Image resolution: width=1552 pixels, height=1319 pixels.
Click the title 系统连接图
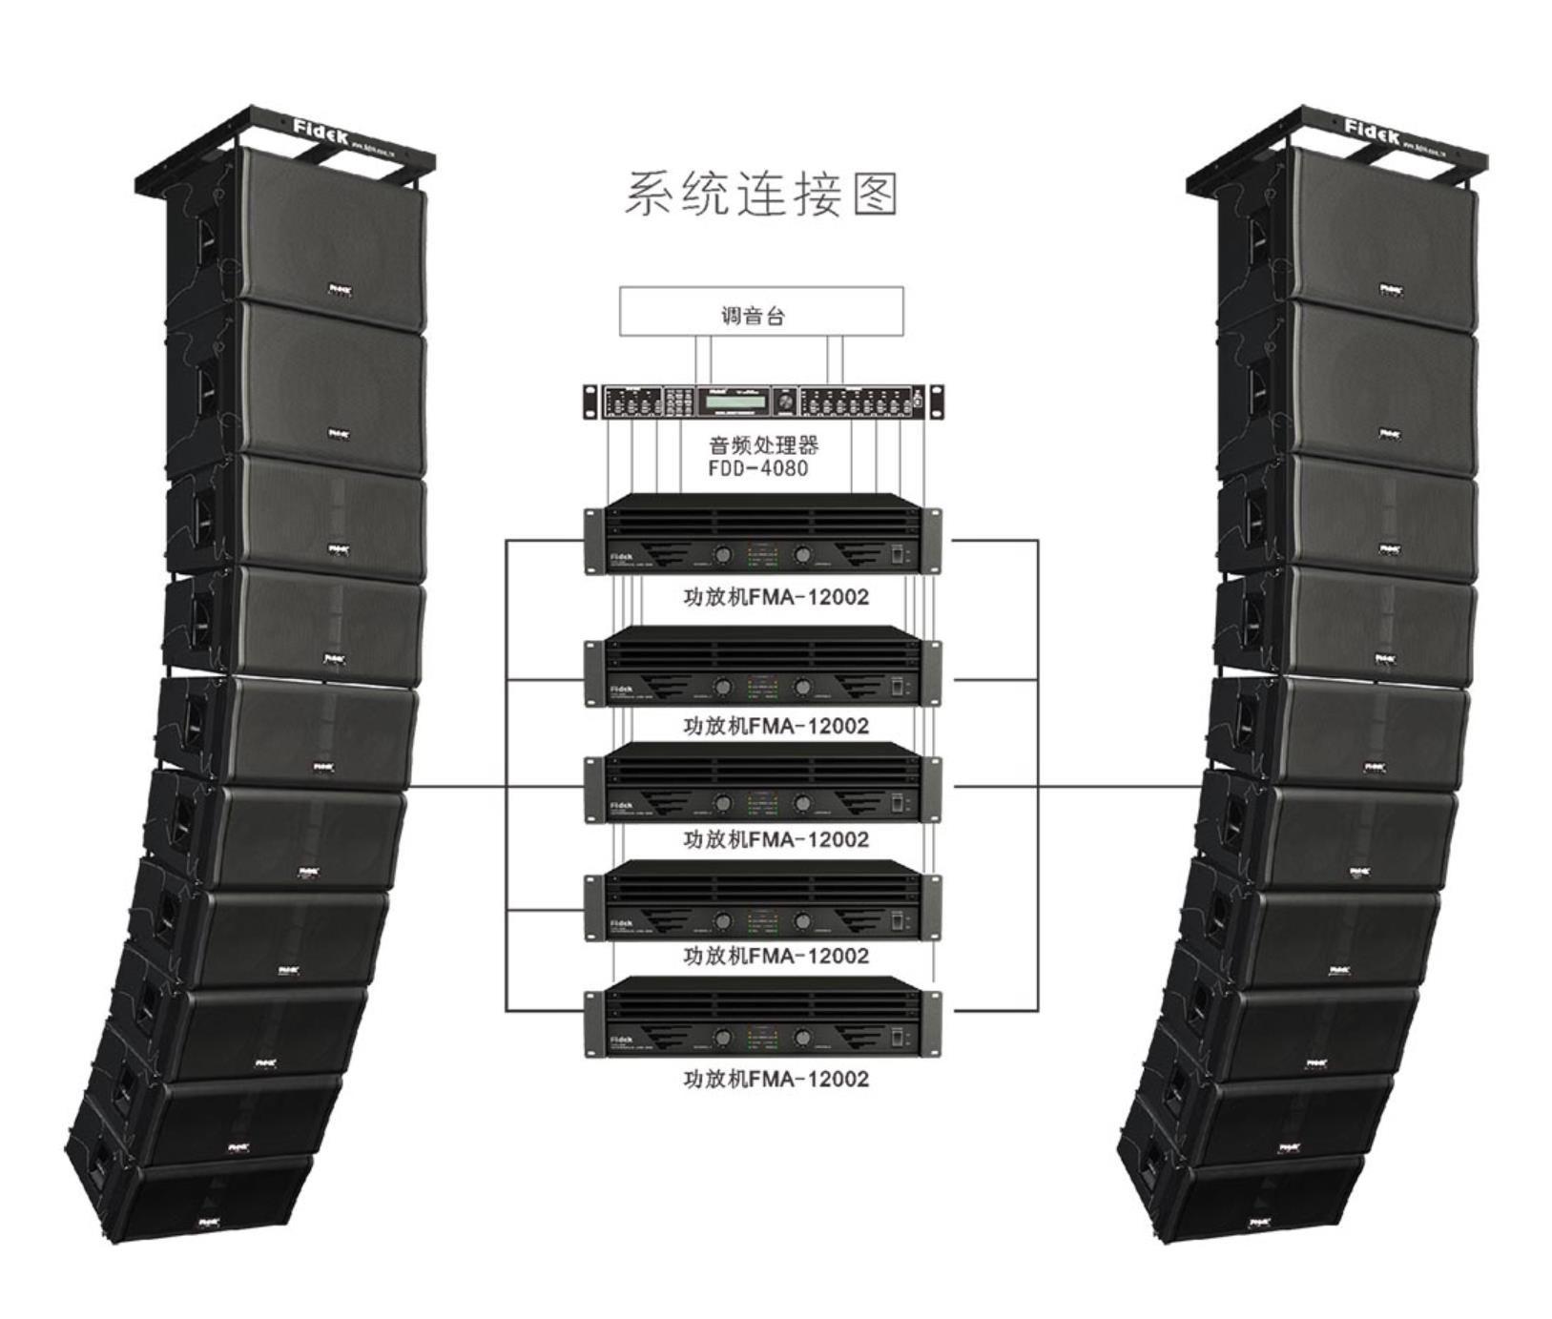761,194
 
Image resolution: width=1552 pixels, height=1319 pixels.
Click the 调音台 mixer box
761,311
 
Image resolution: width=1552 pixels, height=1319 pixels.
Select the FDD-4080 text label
757,468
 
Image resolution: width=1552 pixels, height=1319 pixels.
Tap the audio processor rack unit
761,402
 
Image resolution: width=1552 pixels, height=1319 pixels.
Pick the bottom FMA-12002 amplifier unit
761,1018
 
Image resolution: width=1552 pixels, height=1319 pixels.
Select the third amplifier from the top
761,784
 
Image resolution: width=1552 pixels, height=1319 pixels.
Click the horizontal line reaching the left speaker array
458,788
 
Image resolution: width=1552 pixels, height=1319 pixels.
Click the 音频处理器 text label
763,445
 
